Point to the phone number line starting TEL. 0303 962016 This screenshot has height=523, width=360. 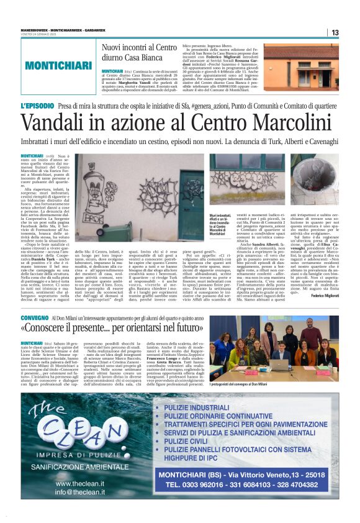click(x=254, y=484)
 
